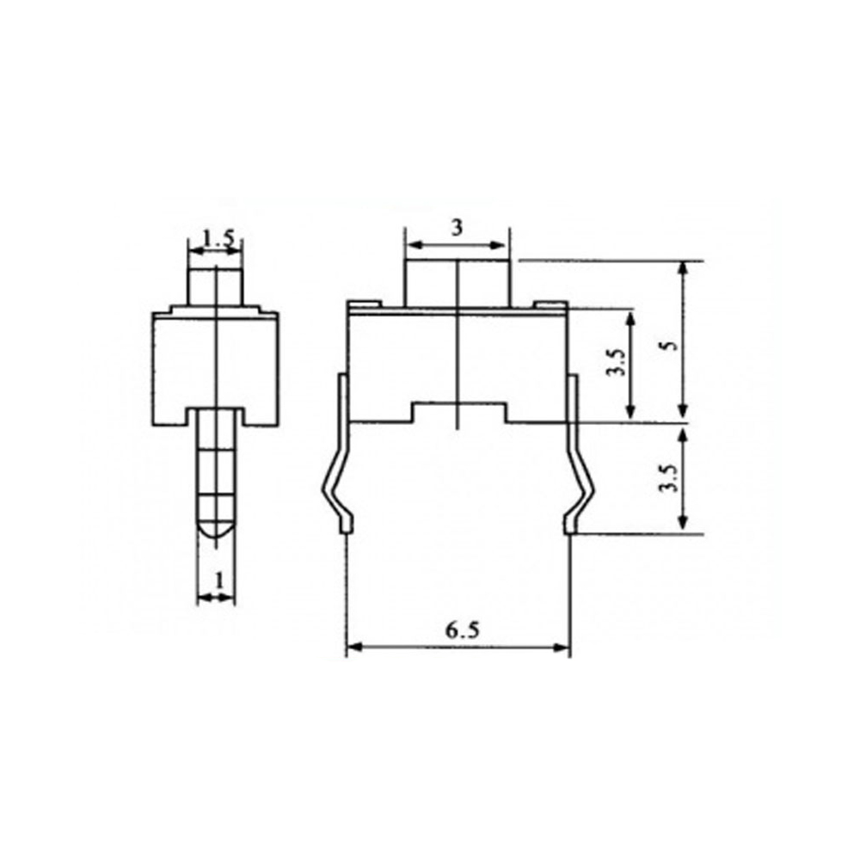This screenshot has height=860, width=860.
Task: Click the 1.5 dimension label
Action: (216, 238)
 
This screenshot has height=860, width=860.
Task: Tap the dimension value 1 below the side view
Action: (218, 580)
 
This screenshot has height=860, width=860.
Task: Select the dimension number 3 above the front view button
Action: (457, 228)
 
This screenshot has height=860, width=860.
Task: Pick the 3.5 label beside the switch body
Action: (615, 362)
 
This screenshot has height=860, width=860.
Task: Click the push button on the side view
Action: (216, 286)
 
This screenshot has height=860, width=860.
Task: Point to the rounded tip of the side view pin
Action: (216, 531)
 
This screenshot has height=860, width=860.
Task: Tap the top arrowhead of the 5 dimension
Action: (684, 267)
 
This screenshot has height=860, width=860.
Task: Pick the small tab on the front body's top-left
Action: (362, 303)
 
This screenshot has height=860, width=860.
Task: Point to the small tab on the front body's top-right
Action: (550, 304)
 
